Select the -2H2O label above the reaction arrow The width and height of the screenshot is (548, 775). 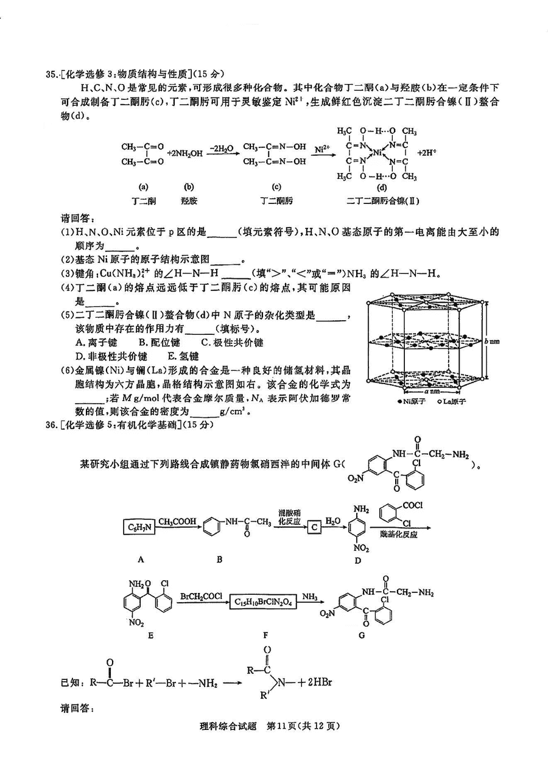point(222,149)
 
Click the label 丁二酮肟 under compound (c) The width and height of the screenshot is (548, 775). point(276,201)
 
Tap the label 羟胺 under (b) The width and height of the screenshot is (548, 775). point(189,201)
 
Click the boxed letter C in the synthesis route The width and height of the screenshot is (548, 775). point(314,527)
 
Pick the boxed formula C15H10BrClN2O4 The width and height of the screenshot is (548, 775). point(263,602)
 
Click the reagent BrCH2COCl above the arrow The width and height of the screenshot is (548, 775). point(202,596)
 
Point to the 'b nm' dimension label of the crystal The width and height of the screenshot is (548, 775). point(492,341)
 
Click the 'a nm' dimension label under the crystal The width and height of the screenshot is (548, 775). point(432,391)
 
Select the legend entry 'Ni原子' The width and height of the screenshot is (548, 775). point(412,401)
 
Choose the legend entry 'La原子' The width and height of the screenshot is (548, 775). point(452,401)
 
